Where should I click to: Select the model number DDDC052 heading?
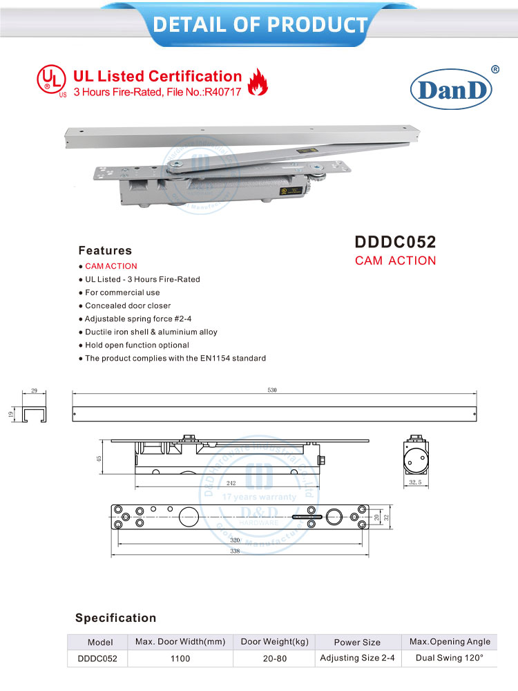click(395, 242)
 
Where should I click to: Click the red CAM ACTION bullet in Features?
click(111, 266)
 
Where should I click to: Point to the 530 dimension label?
click(272, 391)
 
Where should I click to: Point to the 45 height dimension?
click(99, 457)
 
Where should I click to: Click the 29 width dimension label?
click(35, 391)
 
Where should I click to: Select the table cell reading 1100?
click(180, 659)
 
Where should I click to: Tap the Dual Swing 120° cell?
click(450, 658)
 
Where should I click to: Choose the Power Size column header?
click(357, 642)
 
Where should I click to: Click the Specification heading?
click(116, 618)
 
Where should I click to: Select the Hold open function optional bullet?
click(136, 345)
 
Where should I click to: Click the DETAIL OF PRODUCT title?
click(260, 25)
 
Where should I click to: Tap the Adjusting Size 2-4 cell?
click(357, 658)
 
